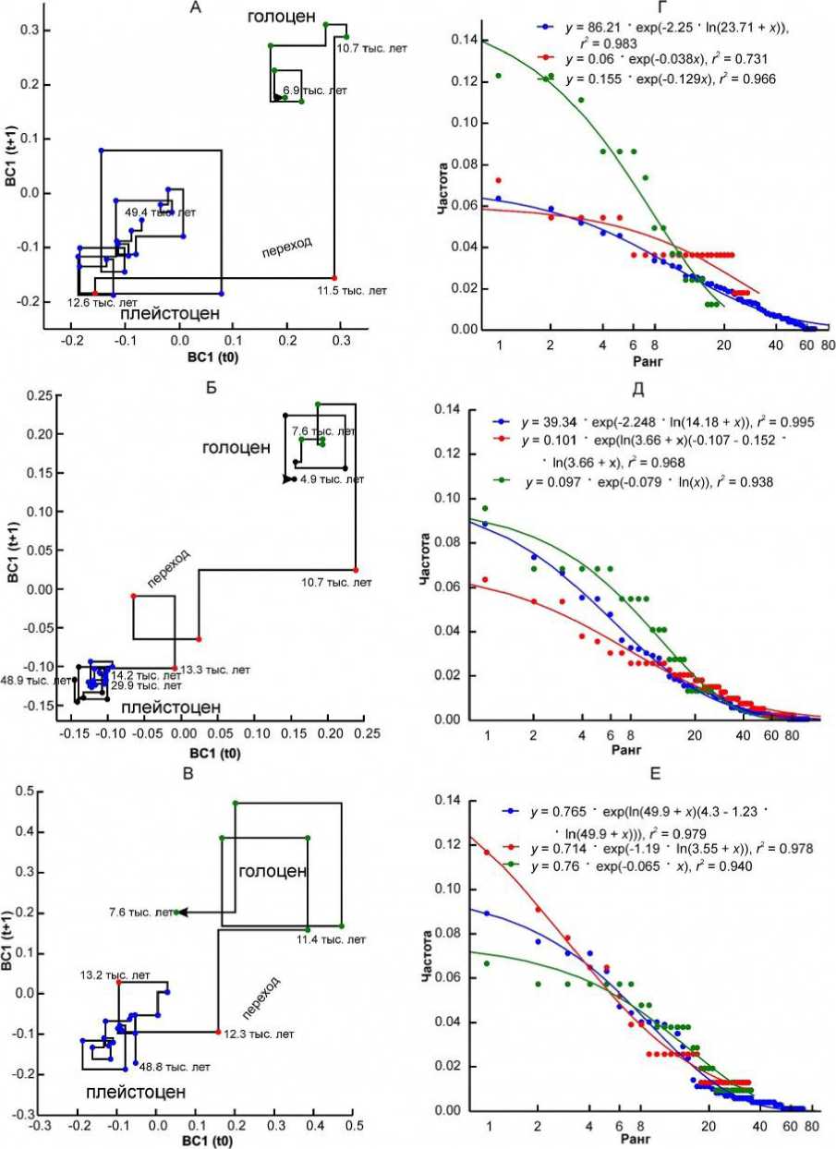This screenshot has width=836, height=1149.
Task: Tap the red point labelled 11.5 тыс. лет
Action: [334, 278]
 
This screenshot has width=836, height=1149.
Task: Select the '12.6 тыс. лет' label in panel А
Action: [98, 301]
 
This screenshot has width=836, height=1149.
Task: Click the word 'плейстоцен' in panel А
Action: [172, 314]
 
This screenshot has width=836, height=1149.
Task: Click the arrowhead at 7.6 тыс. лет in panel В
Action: [183, 913]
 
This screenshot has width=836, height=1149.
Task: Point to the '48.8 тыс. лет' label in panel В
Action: [176, 1066]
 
